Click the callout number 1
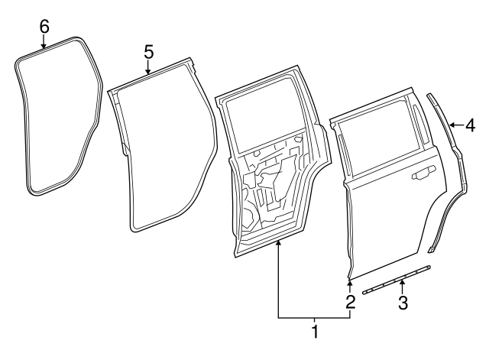pyautogui.click(x=314, y=332)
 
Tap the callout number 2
pyautogui.click(x=350, y=301)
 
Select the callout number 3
pyautogui.click(x=402, y=302)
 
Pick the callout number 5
pyautogui.click(x=148, y=51)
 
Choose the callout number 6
pyautogui.click(x=44, y=27)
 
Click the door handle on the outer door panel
pyautogui.click(x=420, y=177)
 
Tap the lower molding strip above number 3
pyautogui.click(x=397, y=280)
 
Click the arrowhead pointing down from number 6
pyautogui.click(x=44, y=45)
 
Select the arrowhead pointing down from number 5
pyautogui.click(x=148, y=71)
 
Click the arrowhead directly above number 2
pyautogui.click(x=350, y=284)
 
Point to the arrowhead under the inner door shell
pyautogui.click(x=278, y=243)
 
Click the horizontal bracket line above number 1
pyautogui.click(x=314, y=317)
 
